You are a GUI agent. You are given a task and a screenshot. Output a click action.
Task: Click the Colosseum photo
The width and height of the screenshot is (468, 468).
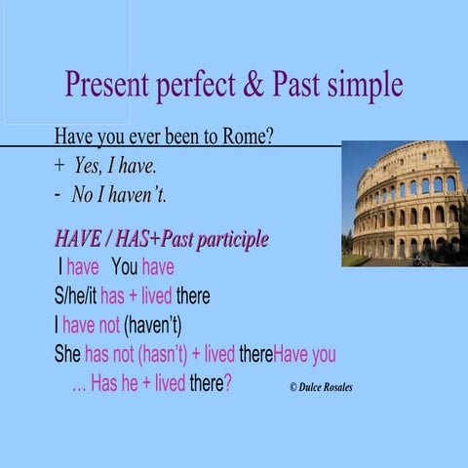(x=404, y=203)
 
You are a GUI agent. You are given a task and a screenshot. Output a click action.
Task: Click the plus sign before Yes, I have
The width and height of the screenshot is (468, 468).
(x=58, y=166)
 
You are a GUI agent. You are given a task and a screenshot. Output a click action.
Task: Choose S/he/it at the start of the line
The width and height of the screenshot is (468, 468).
(x=75, y=295)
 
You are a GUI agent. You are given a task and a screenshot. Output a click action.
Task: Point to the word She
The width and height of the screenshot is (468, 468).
(x=67, y=354)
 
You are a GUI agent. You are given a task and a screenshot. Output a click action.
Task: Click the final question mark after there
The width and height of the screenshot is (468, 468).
(x=227, y=383)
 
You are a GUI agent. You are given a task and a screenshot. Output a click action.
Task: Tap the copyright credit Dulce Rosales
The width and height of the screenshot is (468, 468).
(x=321, y=387)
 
